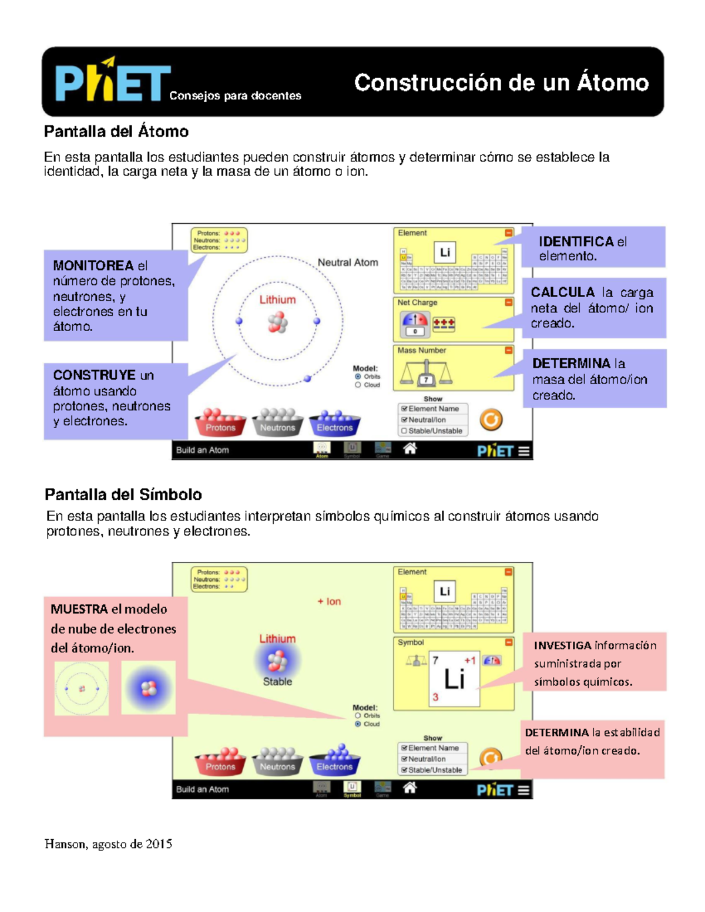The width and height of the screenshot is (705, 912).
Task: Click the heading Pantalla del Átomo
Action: coord(116,131)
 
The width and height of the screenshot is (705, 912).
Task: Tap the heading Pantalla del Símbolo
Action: coord(123,494)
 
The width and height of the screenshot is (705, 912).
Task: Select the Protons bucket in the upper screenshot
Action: coord(220,424)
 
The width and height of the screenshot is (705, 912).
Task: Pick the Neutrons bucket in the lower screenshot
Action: coord(277,763)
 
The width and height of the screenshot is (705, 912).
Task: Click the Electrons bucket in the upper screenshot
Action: coord(334,424)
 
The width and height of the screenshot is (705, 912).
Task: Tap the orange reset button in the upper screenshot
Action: coord(491,419)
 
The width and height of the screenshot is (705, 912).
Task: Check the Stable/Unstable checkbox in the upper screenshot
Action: coord(404,430)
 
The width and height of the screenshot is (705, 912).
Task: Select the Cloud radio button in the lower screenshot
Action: coord(358,724)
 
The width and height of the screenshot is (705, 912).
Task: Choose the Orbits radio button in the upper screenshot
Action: coord(358,376)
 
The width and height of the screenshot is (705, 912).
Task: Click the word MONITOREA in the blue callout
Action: coord(93,266)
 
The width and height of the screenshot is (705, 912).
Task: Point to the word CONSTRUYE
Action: coord(94,375)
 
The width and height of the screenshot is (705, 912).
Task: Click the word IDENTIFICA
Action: coord(576,241)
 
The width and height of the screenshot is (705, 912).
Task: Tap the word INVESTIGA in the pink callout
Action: coord(562,645)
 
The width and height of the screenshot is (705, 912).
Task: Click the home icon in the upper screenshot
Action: coord(410,449)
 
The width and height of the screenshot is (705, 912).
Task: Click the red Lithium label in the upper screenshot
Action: coord(277,299)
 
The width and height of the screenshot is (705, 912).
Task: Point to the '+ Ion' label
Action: coord(329,601)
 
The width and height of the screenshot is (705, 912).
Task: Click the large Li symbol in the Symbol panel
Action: coord(454,679)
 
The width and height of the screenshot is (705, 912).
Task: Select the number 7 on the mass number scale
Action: coord(426,380)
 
